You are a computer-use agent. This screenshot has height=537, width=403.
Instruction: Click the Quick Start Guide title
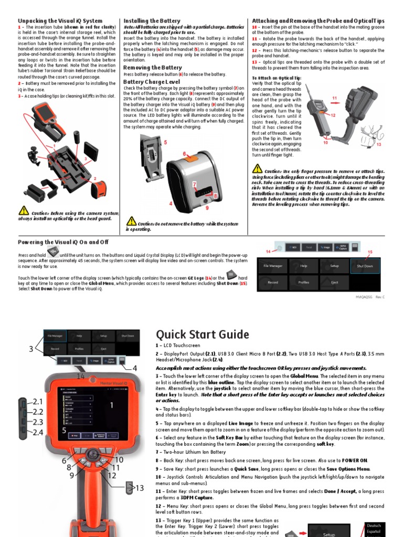(202, 334)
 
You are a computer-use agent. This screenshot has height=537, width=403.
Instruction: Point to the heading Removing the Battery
(152, 68)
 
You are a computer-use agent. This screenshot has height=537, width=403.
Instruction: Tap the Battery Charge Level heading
(151, 82)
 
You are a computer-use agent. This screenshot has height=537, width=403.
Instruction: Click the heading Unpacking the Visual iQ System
(60, 21)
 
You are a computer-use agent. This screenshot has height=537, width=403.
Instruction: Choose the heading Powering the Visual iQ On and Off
(63, 242)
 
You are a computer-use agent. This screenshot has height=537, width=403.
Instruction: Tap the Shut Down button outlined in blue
(365, 266)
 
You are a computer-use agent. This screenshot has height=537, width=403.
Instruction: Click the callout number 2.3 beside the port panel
(37, 422)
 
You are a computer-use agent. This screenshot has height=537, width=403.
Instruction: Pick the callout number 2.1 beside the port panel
(37, 401)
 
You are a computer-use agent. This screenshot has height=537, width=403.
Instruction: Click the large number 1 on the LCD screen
(111, 405)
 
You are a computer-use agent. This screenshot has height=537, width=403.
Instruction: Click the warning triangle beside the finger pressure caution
(257, 169)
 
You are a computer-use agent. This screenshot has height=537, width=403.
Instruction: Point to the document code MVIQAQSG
(365, 297)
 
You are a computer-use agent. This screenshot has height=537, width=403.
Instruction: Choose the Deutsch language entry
(374, 525)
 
